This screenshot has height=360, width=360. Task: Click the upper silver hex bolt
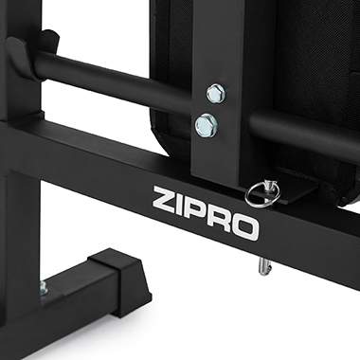click(x=216, y=94)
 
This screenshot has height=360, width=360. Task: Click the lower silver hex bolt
click(x=207, y=125)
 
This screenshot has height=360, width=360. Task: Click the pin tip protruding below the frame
click(x=263, y=266)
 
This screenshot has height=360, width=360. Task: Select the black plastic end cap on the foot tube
click(x=119, y=278)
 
